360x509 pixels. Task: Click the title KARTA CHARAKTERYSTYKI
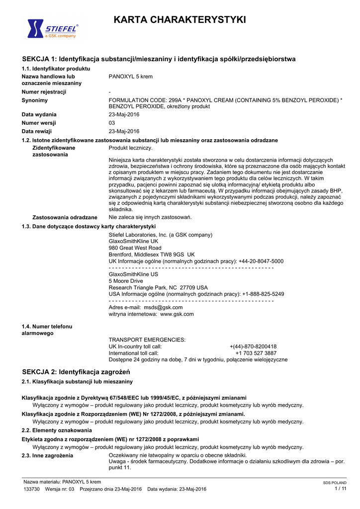[x=180, y=20]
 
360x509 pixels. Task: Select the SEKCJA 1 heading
[x=159, y=59]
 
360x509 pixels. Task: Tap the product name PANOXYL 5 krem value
[x=131, y=77]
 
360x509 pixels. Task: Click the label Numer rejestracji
[x=44, y=92]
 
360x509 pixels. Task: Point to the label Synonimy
[x=35, y=100]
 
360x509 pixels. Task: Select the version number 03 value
[x=112, y=123]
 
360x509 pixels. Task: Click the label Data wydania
[x=39, y=114]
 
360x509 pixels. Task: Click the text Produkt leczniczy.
[x=131, y=148]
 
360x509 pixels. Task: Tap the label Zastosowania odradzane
[x=65, y=217]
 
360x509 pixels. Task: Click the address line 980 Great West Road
[x=135, y=248]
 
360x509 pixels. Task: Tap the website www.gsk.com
[x=177, y=314]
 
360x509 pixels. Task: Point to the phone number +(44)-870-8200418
[x=253, y=346]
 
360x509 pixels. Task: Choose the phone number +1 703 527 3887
[x=256, y=353]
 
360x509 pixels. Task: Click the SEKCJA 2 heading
[x=76, y=372]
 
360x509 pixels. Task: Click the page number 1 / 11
[x=341, y=489]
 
